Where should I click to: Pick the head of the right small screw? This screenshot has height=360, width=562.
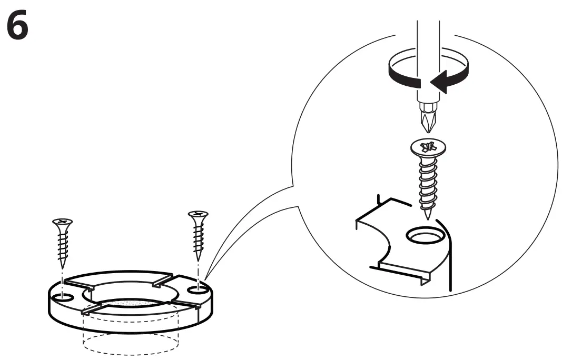pyautogui.click(x=198, y=215)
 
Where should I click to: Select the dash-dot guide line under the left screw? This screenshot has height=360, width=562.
pyautogui.click(x=62, y=279)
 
